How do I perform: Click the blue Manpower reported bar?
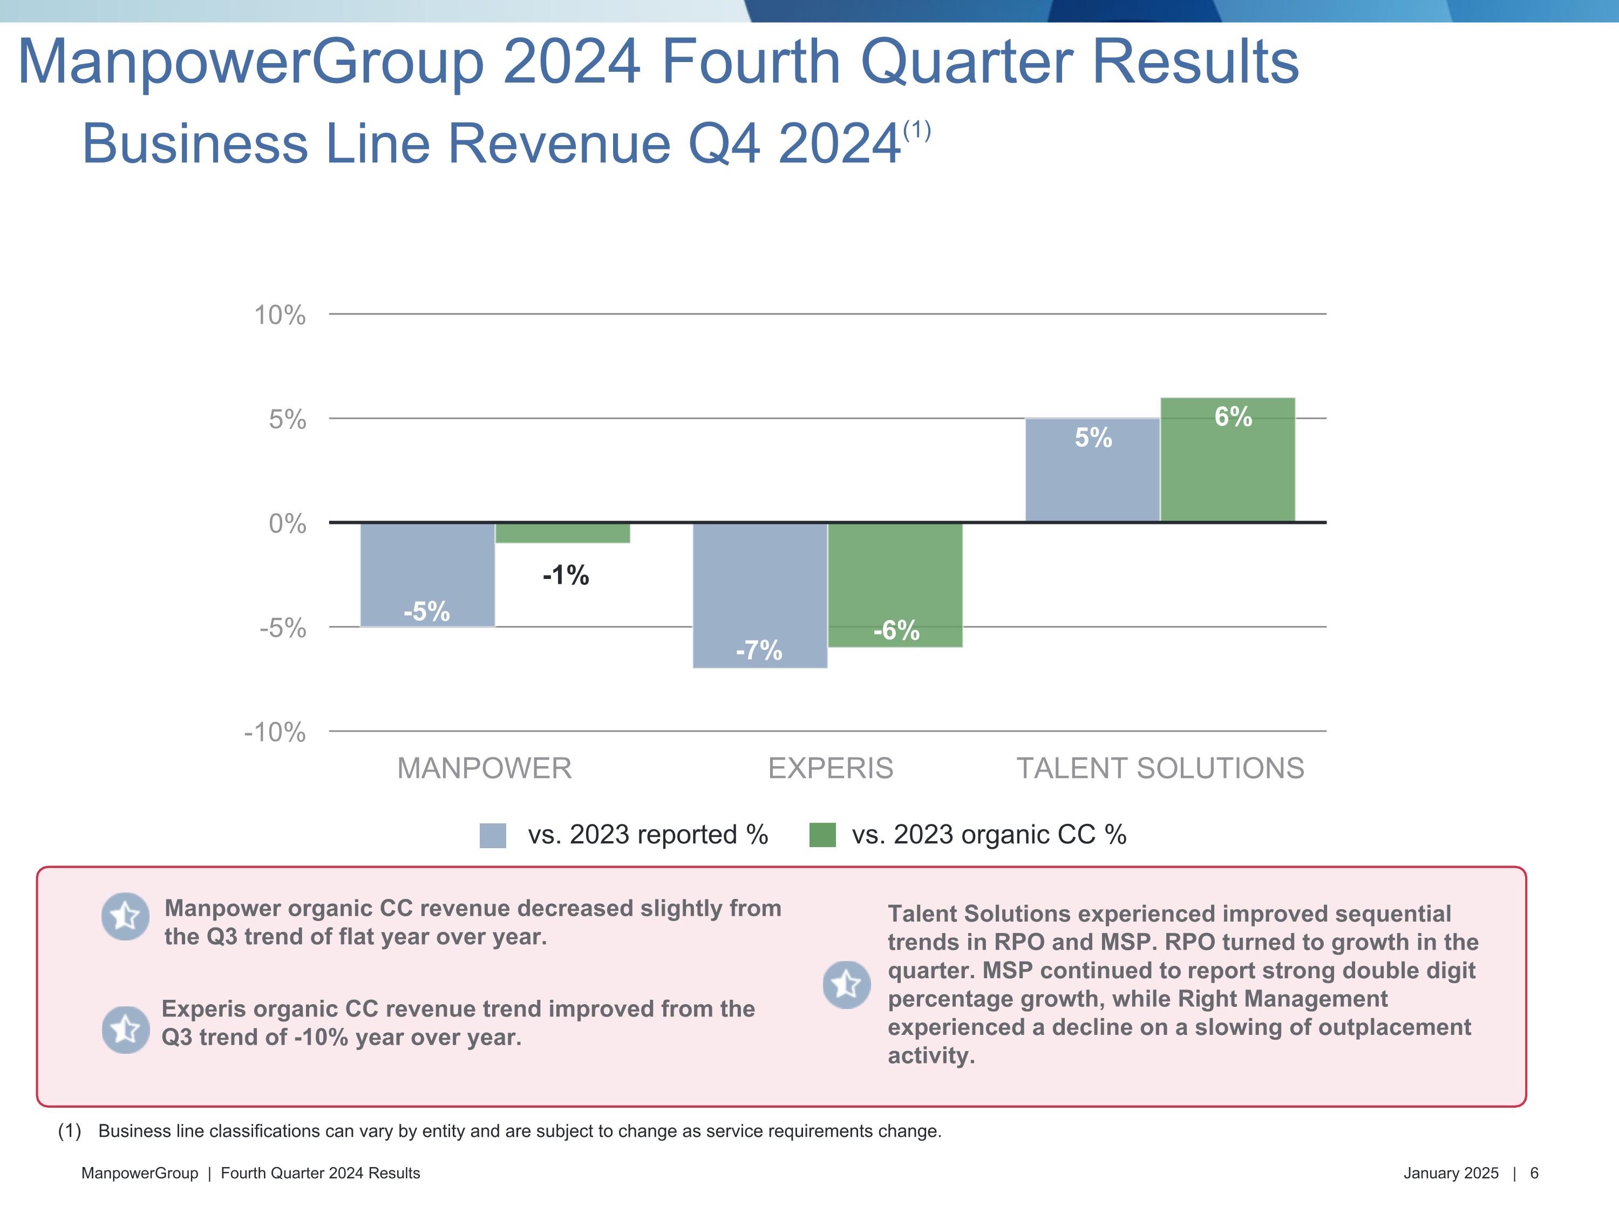click(x=427, y=575)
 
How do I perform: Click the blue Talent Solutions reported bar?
click(x=1092, y=470)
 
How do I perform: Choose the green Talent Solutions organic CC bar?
click(x=1227, y=460)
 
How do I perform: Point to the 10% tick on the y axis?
click(x=280, y=316)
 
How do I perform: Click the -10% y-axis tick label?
click(x=275, y=732)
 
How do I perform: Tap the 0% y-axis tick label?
click(x=287, y=524)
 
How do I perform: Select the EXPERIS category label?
click(x=830, y=768)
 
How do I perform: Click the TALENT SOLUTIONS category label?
click(x=1160, y=768)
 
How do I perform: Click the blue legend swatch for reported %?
click(x=493, y=835)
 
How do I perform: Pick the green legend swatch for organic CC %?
click(x=822, y=835)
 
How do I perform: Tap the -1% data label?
click(x=565, y=575)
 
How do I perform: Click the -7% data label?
click(x=759, y=650)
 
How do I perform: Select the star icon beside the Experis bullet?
click(x=125, y=1029)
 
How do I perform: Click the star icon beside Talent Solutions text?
click(x=847, y=984)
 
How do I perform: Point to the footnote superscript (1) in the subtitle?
click(x=916, y=131)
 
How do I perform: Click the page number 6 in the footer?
click(x=1534, y=1173)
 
